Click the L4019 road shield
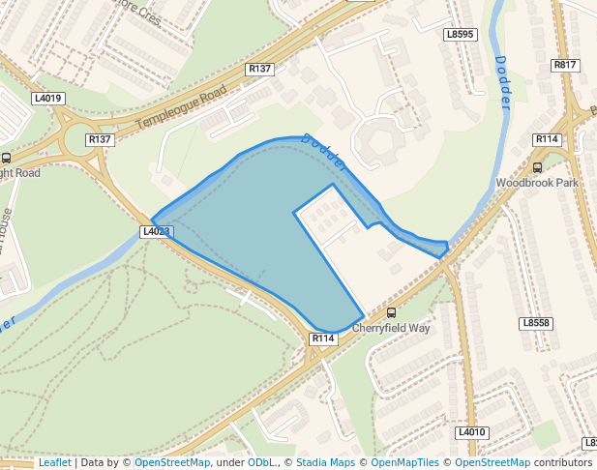point(47,99)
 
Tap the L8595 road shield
point(461,35)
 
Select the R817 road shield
point(565,65)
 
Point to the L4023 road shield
point(156,232)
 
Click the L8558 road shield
point(535,323)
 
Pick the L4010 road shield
point(471,432)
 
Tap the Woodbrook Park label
point(537,183)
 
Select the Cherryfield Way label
point(391,328)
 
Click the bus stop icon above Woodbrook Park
point(537,167)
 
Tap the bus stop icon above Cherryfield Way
point(391,312)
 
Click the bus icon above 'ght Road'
point(7,158)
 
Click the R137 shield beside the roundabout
point(100,140)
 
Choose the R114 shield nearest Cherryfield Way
point(323,338)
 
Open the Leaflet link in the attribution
point(54,463)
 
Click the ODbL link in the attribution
point(261,463)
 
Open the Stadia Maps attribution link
point(325,463)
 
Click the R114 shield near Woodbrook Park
point(547,139)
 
